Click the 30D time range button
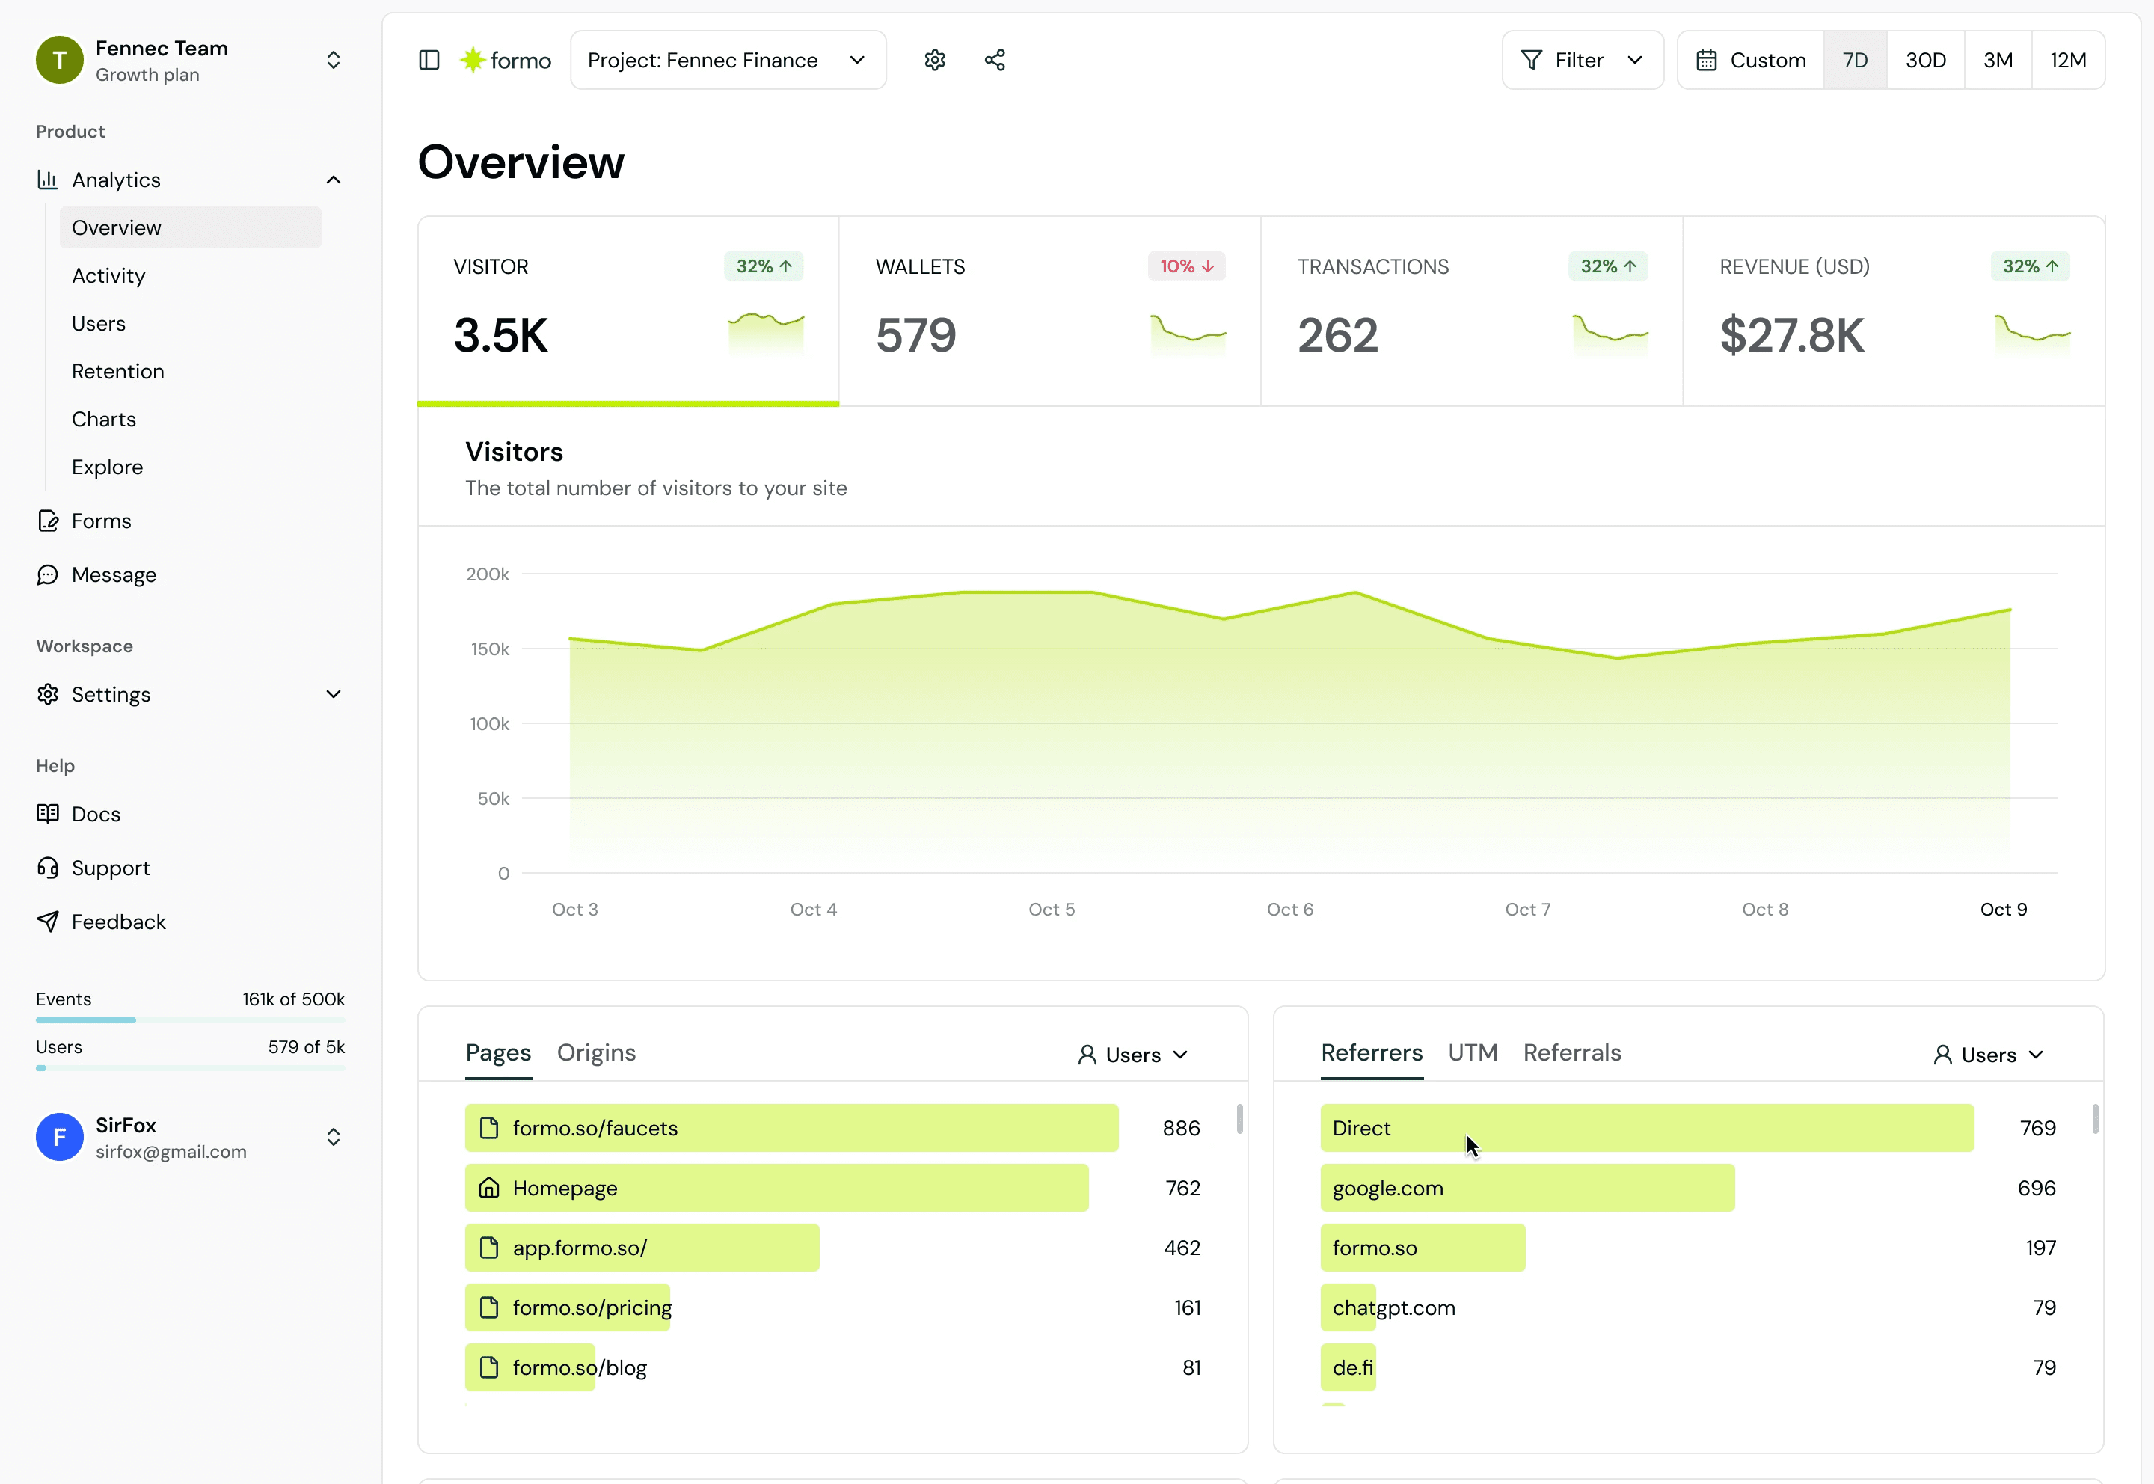[x=1925, y=61]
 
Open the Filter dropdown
[x=1583, y=61]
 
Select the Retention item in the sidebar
[x=118, y=372]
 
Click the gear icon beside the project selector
[x=934, y=61]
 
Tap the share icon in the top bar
[x=995, y=61]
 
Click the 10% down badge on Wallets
[x=1186, y=267]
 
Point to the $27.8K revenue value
[x=1791, y=336]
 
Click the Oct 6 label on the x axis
[x=1289, y=910]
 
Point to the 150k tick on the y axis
[x=489, y=649]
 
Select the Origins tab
[x=596, y=1053]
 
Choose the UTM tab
[x=1473, y=1053]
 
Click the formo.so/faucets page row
[x=791, y=1129]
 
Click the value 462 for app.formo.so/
[x=1182, y=1248]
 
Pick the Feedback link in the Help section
[x=118, y=922]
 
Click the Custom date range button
[x=1752, y=61]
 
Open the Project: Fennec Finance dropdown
[x=728, y=61]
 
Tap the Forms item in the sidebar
[x=101, y=521]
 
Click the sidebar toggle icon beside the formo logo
[x=429, y=61]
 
